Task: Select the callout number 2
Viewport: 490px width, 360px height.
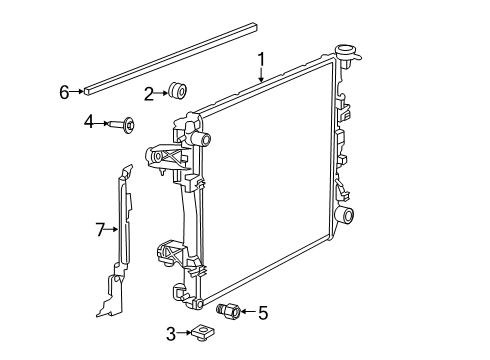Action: point(148,94)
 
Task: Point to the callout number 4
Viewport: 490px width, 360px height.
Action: point(88,123)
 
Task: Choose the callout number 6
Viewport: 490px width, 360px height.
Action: point(64,93)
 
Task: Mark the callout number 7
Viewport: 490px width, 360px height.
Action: point(100,230)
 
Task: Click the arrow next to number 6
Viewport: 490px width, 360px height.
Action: point(79,93)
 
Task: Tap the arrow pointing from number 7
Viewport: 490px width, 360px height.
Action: point(112,230)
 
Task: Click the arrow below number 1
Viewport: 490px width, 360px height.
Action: point(261,75)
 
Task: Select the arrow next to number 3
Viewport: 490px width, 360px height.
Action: point(185,333)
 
